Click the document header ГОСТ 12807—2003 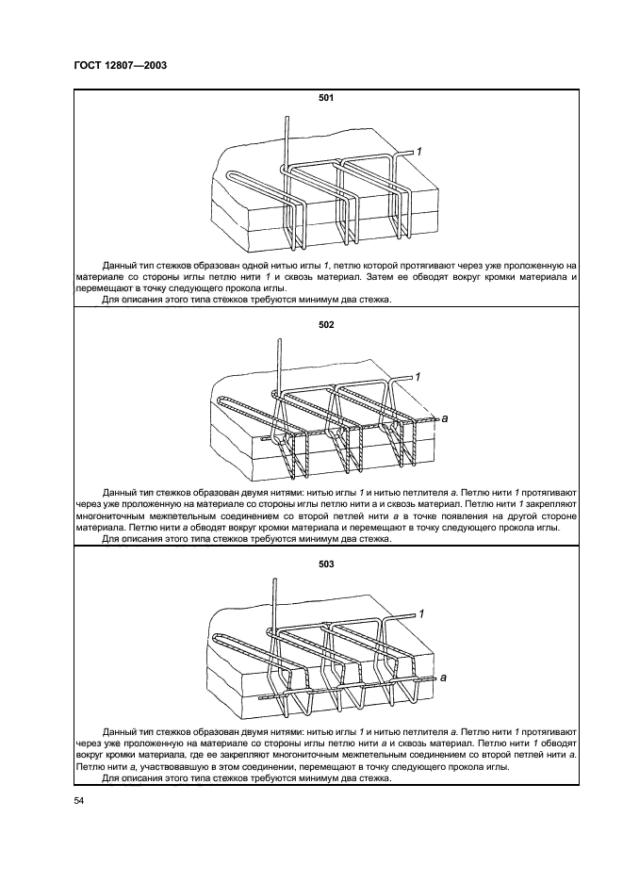coord(120,65)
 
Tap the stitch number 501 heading coord(326,97)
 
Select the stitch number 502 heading coord(326,325)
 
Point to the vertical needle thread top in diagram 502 coord(278,343)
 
